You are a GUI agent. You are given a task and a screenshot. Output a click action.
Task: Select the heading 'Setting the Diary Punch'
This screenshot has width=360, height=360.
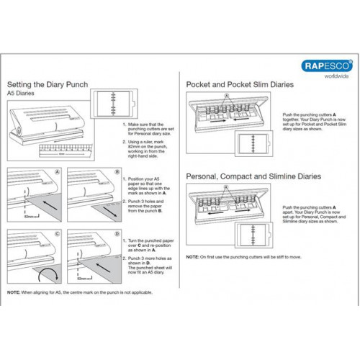48,85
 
